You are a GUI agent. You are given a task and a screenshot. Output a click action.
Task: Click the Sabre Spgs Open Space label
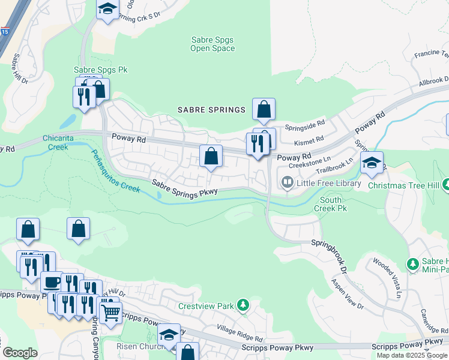[x=212, y=44]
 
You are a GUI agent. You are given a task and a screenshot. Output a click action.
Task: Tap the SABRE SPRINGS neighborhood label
[x=212, y=110]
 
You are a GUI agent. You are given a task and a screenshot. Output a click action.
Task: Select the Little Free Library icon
[x=287, y=182]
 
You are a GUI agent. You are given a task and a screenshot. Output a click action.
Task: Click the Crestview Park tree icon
[x=243, y=306]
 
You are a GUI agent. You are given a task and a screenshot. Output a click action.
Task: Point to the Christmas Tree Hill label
[x=403, y=185]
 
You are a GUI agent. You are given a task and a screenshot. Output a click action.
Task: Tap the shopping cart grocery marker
[x=110, y=311]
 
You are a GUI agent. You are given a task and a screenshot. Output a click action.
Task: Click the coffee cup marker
[x=52, y=281]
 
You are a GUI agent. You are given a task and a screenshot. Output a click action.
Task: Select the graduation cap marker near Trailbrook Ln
[x=372, y=163]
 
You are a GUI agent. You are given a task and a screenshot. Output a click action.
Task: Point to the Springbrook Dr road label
[x=329, y=253]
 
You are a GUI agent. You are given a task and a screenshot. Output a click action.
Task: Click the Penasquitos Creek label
[x=115, y=170]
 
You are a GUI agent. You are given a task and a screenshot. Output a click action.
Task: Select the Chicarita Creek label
[x=59, y=142]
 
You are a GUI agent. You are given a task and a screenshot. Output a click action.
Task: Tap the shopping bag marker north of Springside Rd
[x=264, y=109]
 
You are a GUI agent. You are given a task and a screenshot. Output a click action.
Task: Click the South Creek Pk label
[x=331, y=204]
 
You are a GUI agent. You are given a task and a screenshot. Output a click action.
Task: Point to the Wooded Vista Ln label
[x=387, y=277]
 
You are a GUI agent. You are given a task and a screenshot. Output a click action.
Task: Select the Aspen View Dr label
[x=348, y=294]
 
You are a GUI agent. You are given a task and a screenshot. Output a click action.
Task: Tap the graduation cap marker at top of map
[x=107, y=9]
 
